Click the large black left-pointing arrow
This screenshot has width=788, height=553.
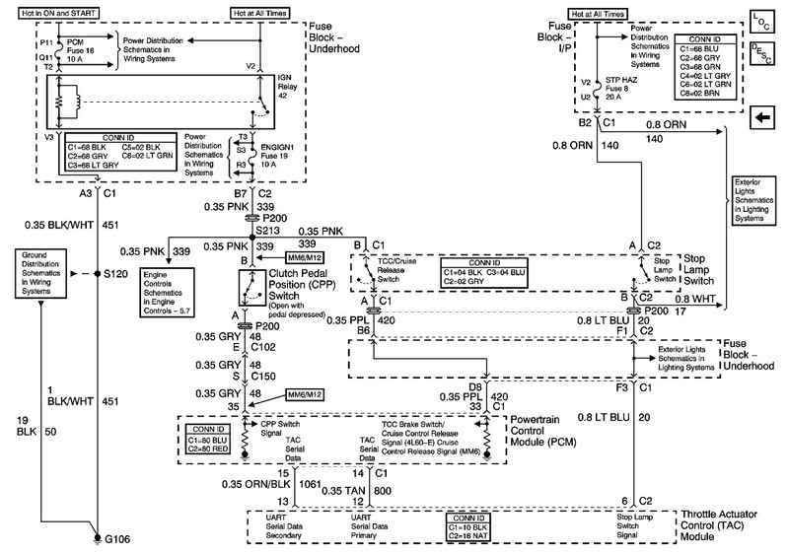(x=760, y=118)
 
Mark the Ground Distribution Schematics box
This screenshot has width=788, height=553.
(x=43, y=273)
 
